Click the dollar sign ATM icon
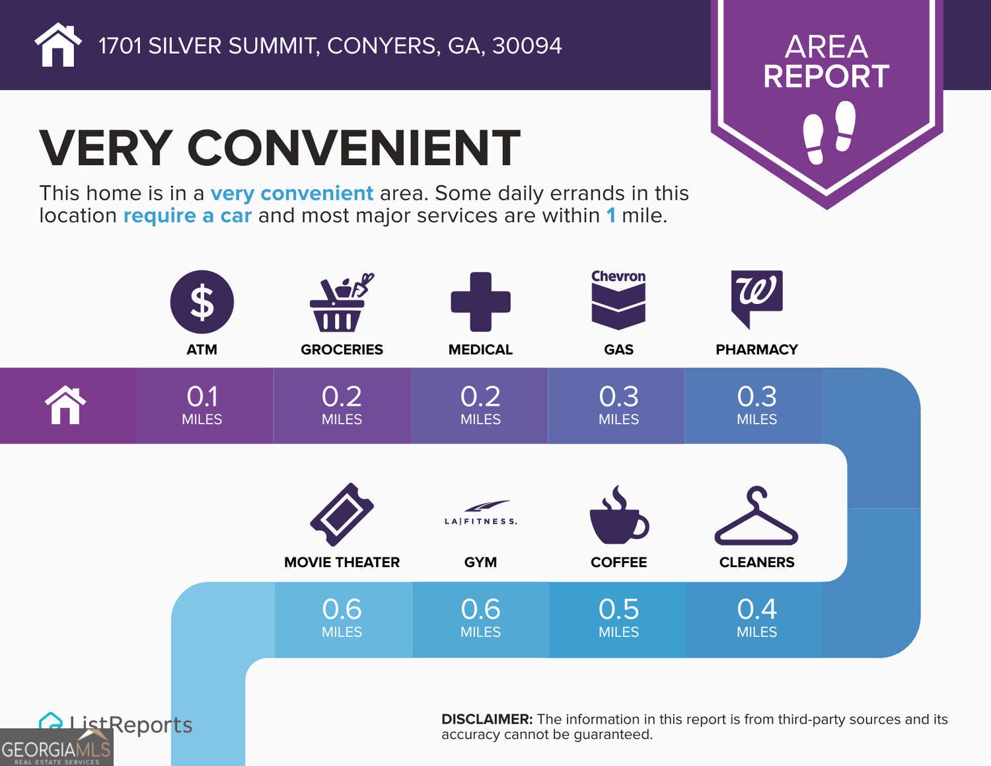pos(202,301)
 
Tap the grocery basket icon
pos(341,303)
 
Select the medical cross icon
pos(480,301)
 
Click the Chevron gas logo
pos(618,300)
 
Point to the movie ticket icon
pos(342,514)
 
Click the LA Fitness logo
pos(481,513)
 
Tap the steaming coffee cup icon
pos(618,515)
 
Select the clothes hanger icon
pos(756,516)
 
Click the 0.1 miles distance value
pos(202,404)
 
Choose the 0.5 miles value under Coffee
pos(618,617)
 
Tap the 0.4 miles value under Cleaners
pos(756,617)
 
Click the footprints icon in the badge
pos(828,132)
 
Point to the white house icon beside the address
pos(58,45)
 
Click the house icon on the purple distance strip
pos(65,404)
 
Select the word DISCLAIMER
pos(487,719)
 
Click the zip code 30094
pos(527,46)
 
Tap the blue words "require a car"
pos(188,215)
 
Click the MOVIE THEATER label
pos(342,562)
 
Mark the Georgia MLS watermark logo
pos(56,747)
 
